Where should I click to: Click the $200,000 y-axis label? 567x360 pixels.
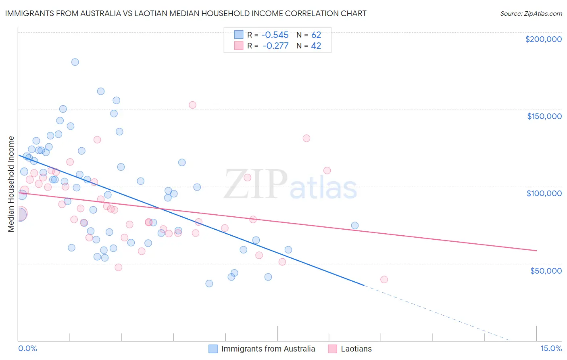(543, 39)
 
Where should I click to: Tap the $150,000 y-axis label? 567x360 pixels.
(544, 116)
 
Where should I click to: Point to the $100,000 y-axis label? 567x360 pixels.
(544, 193)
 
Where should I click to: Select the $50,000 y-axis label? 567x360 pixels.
(546, 270)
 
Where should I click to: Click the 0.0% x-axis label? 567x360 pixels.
(27, 349)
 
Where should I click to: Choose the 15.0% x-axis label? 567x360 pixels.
(551, 349)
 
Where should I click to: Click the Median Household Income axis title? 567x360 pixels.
(11, 184)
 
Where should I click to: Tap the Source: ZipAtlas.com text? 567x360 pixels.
(531, 14)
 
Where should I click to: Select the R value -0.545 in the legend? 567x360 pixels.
(275, 35)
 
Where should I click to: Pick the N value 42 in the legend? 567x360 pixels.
(316, 46)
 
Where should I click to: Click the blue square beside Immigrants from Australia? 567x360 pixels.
(213, 349)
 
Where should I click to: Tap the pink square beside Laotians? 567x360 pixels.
(332, 349)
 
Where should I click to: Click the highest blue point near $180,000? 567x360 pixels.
(75, 62)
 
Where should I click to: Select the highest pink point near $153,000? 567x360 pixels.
(192, 105)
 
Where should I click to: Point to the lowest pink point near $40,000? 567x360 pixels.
(384, 280)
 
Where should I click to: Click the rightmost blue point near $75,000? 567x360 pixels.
(355, 226)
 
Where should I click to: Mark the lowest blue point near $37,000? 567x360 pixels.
(209, 283)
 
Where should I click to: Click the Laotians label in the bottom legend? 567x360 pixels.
(356, 349)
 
